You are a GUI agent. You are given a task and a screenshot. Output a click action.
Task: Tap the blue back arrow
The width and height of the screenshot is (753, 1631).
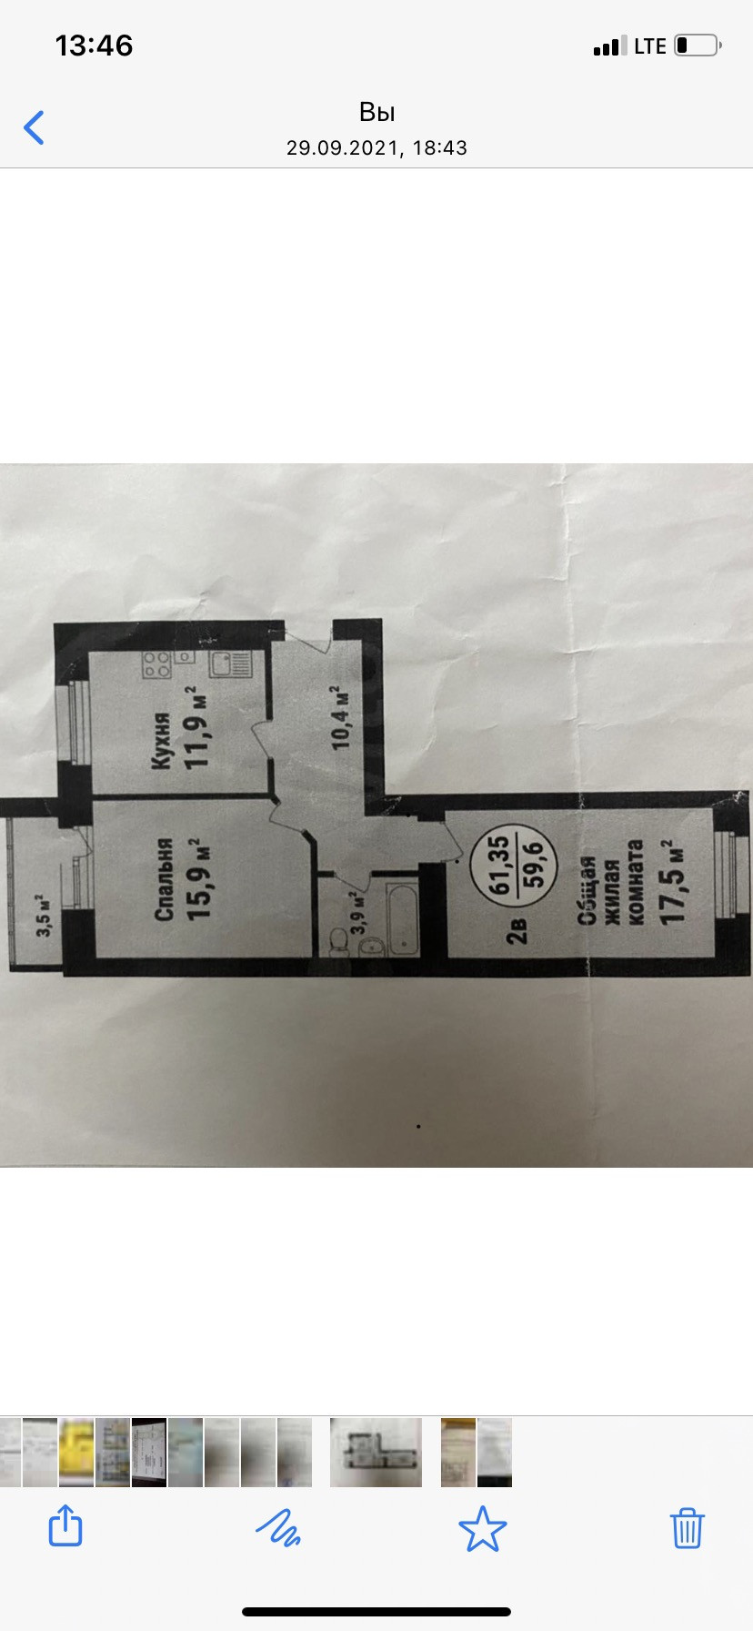point(35,127)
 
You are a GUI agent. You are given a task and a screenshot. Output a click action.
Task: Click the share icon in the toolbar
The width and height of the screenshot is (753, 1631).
point(65,1525)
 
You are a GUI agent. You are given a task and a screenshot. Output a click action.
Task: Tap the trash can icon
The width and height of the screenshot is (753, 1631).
point(687,1527)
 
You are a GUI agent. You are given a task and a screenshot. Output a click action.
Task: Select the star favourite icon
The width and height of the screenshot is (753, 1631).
point(482,1528)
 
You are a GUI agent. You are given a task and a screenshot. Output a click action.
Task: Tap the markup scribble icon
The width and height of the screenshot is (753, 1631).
point(278,1527)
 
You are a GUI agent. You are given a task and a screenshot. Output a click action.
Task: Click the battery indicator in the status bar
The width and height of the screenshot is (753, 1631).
point(698,46)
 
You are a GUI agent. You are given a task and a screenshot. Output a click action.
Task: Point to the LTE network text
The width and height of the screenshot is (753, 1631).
point(650,46)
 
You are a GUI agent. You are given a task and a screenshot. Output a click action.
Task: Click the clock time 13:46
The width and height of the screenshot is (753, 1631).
point(94,46)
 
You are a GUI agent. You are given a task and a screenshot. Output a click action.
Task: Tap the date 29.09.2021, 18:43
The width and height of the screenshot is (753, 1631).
point(376,147)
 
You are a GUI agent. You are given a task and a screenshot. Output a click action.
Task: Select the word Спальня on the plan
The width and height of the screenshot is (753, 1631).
point(164,878)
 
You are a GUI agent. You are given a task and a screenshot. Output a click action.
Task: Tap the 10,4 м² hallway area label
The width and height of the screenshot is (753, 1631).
point(341,718)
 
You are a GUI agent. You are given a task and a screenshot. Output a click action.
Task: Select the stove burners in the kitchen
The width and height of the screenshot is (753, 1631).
point(156,665)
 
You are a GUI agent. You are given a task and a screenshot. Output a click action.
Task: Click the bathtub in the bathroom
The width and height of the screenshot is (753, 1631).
point(401,916)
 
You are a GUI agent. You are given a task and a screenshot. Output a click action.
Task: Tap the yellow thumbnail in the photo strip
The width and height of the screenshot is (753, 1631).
point(76,1452)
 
